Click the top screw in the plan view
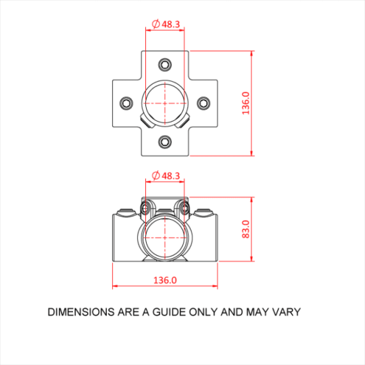click(165, 65)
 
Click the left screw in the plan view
click(126, 103)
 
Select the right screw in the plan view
click(204, 103)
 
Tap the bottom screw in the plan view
click(165, 142)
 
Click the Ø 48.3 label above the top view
click(166, 24)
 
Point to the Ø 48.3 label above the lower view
click(166, 175)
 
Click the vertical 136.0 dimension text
click(246, 103)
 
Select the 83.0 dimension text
click(246, 229)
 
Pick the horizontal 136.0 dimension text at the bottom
click(165, 280)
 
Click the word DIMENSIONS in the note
click(81, 312)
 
